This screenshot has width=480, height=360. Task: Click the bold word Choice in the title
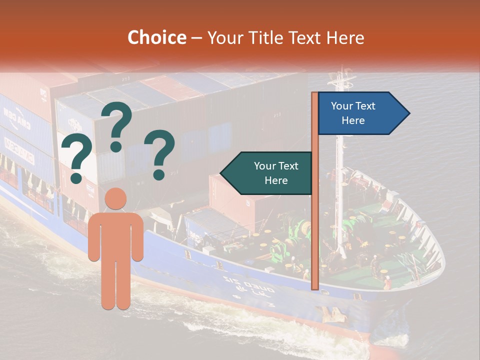tap(156, 37)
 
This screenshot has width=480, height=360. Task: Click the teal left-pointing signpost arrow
tap(267, 173)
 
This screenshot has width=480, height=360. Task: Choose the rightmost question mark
tap(160, 154)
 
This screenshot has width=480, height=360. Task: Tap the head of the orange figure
tap(115, 198)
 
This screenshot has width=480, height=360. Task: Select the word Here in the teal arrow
tap(276, 180)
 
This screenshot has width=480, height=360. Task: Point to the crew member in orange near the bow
tap(387, 283)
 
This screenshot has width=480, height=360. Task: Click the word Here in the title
tap(345, 37)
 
